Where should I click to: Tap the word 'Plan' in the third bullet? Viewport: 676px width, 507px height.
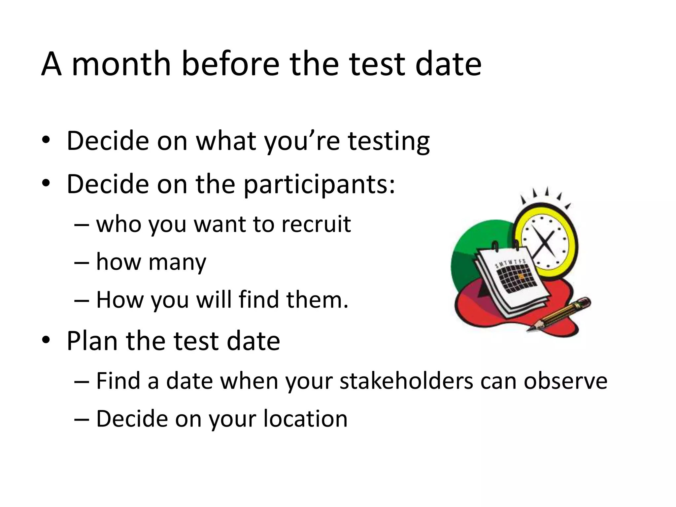click(x=92, y=341)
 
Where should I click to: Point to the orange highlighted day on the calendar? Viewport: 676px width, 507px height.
click(x=521, y=276)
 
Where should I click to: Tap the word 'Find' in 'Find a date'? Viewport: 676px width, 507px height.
click(x=118, y=381)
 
